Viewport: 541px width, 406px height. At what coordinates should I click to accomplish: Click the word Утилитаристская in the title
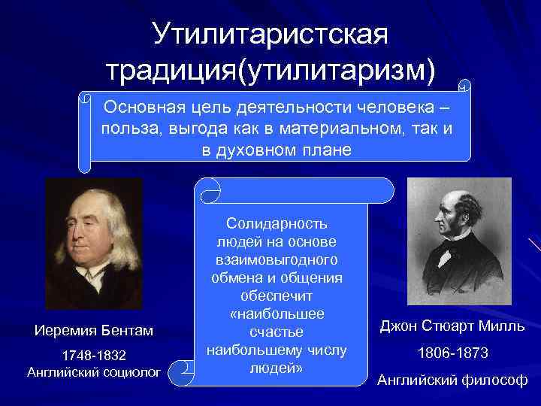270,32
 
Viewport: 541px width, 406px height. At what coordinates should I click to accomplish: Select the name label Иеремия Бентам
94,330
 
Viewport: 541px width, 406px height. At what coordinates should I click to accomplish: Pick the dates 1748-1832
94,355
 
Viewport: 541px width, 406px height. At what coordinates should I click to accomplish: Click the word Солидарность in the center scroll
277,224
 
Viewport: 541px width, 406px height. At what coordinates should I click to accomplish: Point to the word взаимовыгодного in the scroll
277,259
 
